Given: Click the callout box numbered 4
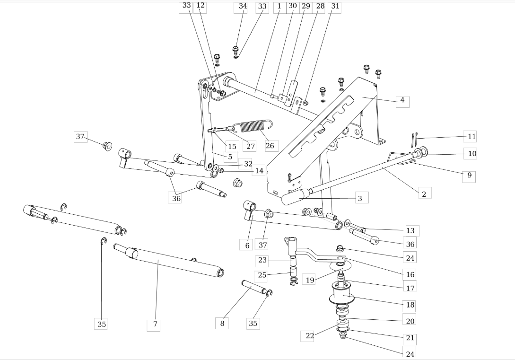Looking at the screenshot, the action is (x=402, y=100).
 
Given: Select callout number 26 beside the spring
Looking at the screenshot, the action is (x=270, y=146).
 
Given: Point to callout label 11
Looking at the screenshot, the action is (x=470, y=136).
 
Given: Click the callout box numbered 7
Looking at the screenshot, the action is (x=154, y=325).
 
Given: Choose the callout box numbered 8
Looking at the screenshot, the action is (x=222, y=323).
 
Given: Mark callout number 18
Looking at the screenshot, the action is (x=410, y=305).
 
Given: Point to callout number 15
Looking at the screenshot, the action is (x=232, y=147).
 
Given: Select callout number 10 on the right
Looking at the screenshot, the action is (x=471, y=154).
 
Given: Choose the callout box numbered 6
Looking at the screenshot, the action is (x=247, y=246).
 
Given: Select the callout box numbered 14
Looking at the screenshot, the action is (x=259, y=171).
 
